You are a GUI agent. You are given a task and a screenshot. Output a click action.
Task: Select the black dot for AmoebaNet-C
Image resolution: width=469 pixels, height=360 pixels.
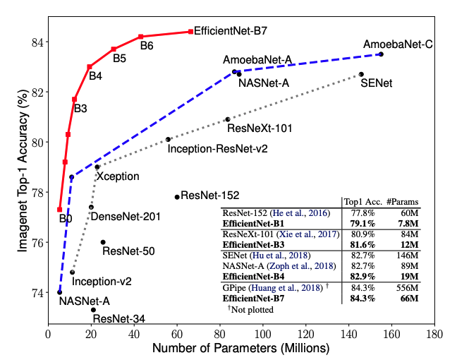click(381, 54)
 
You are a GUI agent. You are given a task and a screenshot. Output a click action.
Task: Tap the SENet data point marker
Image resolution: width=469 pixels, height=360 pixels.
click(361, 74)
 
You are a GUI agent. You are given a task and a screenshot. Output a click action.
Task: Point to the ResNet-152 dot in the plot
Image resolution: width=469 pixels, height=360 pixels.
click(176, 197)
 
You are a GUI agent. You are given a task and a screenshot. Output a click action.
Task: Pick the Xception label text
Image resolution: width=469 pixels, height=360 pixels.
click(117, 176)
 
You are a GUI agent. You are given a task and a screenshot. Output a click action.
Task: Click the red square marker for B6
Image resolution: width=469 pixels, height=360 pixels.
click(141, 37)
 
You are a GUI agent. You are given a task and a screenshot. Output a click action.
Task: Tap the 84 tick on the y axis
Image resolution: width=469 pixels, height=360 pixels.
click(35, 42)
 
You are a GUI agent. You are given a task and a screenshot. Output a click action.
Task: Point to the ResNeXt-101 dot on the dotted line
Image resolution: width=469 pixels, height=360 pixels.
click(227, 119)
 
